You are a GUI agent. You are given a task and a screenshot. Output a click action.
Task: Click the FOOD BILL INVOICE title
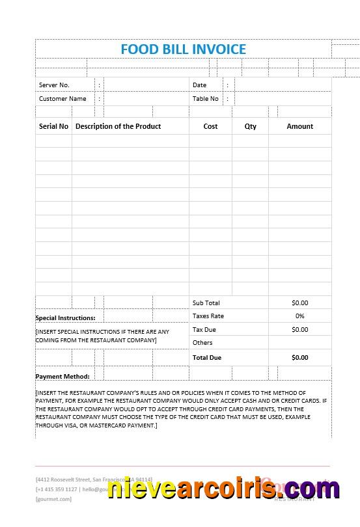point(184,49)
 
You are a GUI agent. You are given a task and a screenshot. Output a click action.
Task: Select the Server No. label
point(54,85)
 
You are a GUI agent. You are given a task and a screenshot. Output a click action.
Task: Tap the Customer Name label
point(62,99)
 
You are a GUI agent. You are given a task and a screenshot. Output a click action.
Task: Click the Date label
point(199,85)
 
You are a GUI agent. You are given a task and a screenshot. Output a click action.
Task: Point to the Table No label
point(206,99)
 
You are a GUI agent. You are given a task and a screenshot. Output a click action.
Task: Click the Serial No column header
point(53,126)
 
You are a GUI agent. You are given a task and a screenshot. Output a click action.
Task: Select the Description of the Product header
point(118,126)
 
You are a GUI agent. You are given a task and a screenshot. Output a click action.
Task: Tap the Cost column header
point(210,126)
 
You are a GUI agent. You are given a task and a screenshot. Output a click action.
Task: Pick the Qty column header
point(251,126)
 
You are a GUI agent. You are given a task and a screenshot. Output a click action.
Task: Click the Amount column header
point(300,126)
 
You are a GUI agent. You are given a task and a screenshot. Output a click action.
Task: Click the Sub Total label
point(206,303)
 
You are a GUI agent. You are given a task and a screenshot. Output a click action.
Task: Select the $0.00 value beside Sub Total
point(300,303)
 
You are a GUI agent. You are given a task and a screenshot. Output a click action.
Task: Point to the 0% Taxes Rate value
point(300,316)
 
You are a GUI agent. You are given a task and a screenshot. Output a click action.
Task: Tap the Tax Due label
point(204,330)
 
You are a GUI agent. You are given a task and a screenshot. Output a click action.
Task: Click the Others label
point(202,343)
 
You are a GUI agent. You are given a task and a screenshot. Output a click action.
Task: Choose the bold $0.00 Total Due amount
point(300,358)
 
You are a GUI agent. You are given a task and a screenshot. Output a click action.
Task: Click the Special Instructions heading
point(65,318)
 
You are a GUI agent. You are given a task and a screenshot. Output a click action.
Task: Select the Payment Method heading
point(62,377)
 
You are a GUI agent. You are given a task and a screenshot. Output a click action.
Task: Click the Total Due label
point(207,358)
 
